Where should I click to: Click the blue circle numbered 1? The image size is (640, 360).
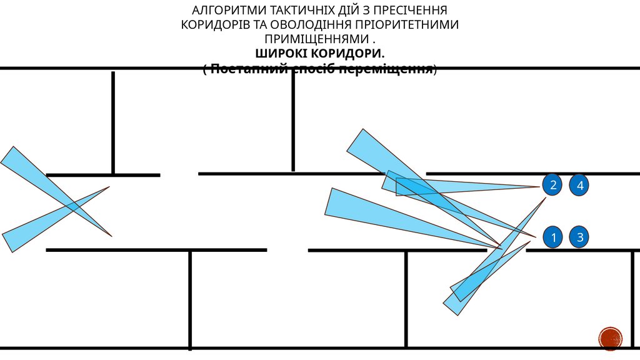[x=553, y=237]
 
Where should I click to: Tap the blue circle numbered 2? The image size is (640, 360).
[x=552, y=185]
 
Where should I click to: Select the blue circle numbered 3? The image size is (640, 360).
[x=580, y=237]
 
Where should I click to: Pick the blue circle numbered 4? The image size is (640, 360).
[x=580, y=185]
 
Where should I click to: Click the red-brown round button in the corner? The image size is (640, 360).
[x=610, y=338]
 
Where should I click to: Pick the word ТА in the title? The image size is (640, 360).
[x=257, y=25]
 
